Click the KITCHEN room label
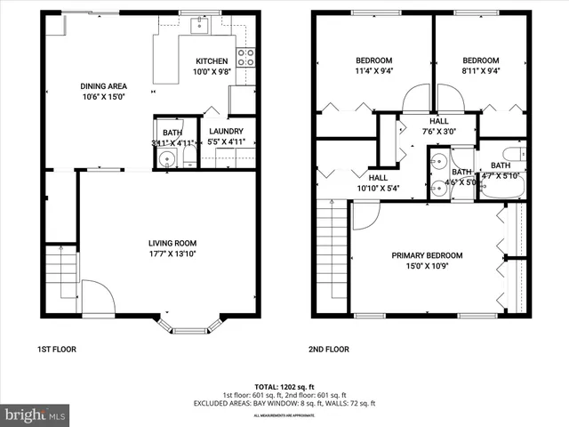(212, 61)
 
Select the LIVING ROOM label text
(172, 243)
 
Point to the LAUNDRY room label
(226, 131)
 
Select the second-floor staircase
(330, 258)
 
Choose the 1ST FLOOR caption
(57, 350)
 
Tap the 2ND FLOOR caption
(329, 350)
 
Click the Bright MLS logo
(36, 415)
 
